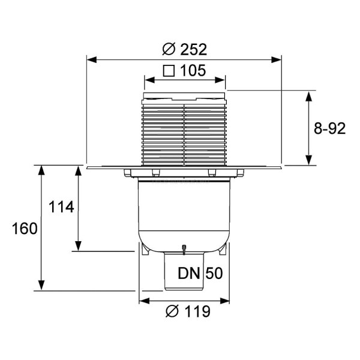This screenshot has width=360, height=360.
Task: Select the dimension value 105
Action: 193,71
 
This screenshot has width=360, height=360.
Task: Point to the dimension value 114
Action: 61,208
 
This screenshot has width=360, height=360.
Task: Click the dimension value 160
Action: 24,229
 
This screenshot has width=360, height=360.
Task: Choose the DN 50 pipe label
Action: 200,274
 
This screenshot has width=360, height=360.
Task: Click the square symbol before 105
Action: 169,71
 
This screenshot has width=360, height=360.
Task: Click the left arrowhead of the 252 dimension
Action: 91,59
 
